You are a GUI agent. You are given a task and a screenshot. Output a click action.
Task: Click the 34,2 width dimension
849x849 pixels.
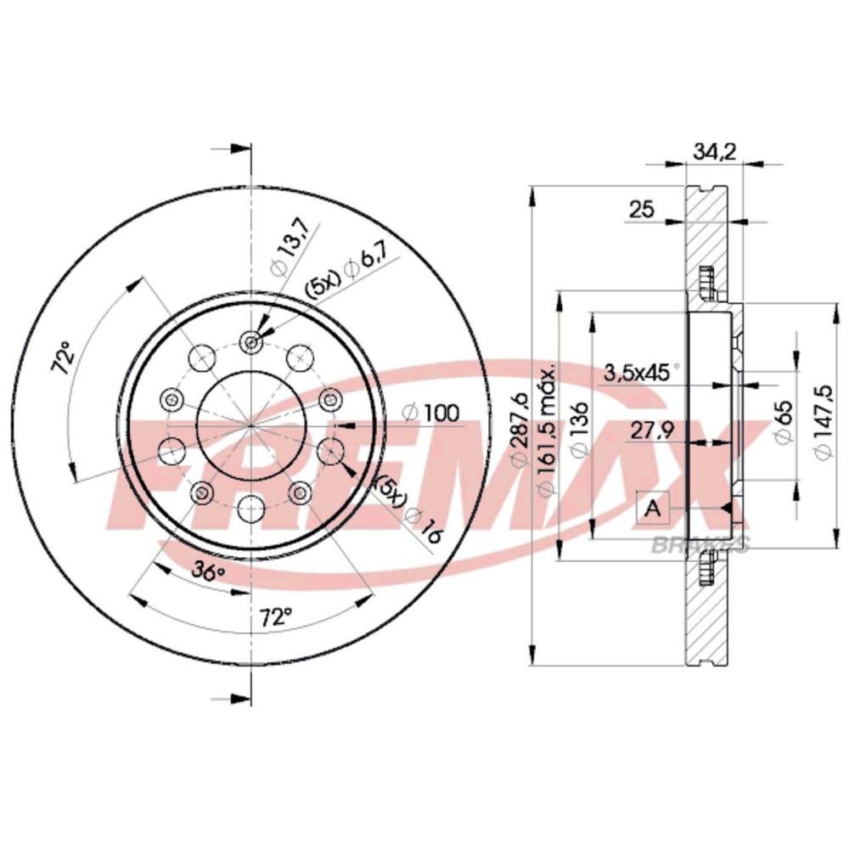(714, 153)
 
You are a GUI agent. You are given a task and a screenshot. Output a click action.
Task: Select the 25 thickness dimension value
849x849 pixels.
(642, 209)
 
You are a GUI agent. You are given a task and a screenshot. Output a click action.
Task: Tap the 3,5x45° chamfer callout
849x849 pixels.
(641, 373)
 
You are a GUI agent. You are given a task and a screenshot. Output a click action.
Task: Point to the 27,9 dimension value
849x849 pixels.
(652, 431)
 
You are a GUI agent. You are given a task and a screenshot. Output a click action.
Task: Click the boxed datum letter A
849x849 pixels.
(653, 508)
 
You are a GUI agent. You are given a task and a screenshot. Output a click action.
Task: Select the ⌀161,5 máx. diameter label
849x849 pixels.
(547, 430)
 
